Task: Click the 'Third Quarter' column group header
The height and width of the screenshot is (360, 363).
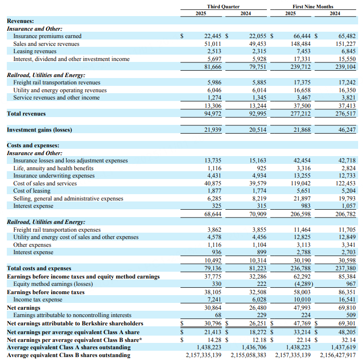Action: click(223, 6)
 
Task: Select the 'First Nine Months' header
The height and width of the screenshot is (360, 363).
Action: click(313, 6)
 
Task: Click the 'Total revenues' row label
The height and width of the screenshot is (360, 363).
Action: click(26, 114)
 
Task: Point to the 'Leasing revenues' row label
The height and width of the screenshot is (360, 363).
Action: click(35, 51)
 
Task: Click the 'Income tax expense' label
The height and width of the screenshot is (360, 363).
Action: click(38, 300)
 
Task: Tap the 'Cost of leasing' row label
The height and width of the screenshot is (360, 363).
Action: click(32, 191)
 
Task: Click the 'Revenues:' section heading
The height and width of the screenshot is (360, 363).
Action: click(20, 21)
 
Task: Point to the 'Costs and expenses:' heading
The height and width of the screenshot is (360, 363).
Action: click(33, 145)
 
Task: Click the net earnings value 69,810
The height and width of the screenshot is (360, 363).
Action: click(346, 307)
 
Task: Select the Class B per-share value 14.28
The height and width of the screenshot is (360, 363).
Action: click(215, 340)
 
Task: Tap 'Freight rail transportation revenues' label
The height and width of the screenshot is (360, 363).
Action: click(57, 82)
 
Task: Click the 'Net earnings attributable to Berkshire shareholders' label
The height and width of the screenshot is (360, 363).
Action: click(75, 323)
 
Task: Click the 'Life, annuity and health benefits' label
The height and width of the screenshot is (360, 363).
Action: click(53, 168)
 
